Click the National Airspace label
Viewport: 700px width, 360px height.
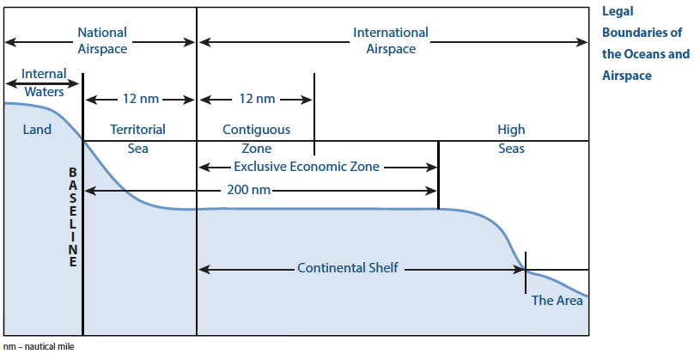click(102, 40)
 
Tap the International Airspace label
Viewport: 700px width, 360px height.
click(391, 40)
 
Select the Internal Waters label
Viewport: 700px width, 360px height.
click(44, 82)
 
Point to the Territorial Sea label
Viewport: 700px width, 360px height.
click(137, 138)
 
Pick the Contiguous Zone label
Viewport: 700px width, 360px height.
click(256, 138)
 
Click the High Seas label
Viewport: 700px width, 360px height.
click(511, 138)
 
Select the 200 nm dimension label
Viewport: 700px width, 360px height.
click(249, 190)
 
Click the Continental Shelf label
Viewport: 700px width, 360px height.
click(348, 268)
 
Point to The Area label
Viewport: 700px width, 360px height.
click(557, 300)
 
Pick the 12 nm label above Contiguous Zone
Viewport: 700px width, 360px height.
click(257, 99)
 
